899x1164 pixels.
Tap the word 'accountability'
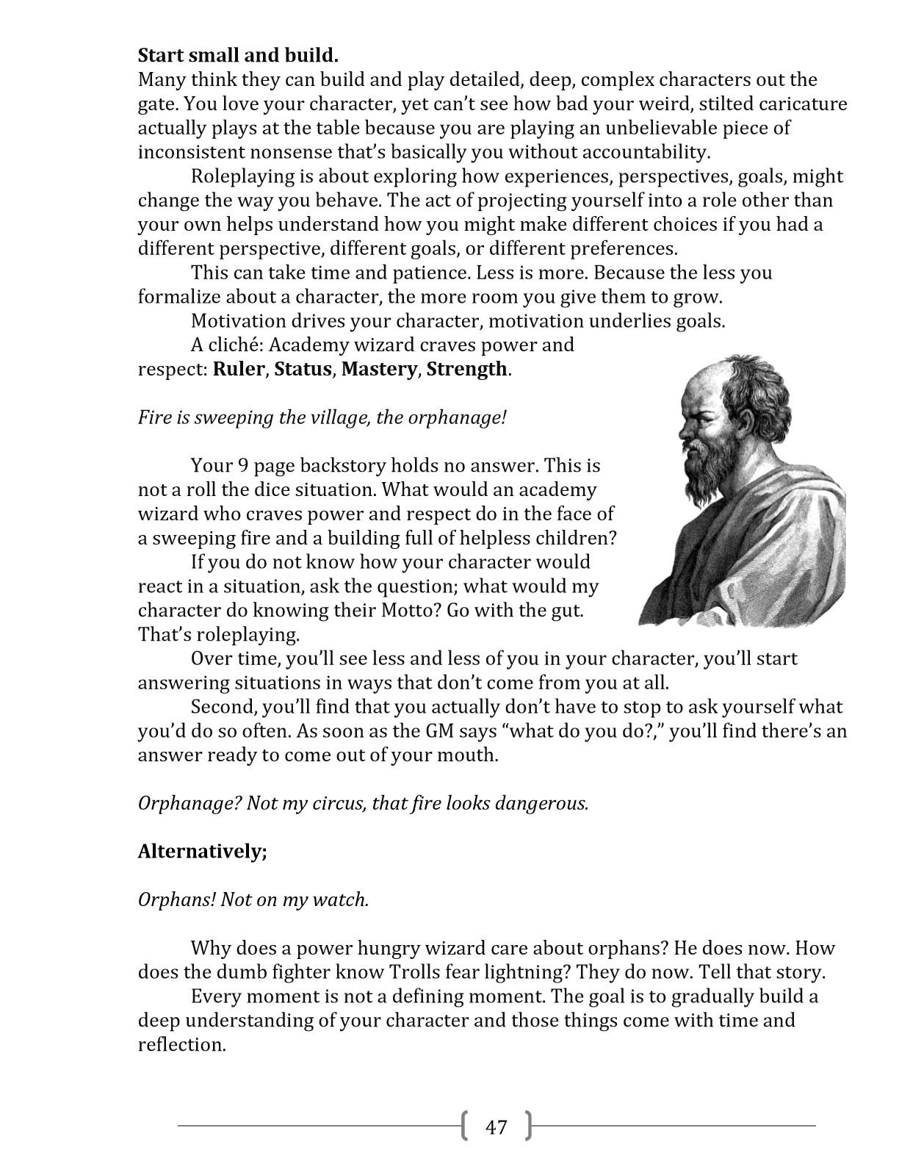(646, 152)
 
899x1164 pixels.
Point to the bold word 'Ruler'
(238, 369)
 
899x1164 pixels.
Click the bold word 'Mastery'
(378, 369)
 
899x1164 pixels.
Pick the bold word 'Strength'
(466, 369)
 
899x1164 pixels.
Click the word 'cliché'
(231, 345)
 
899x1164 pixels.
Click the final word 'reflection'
(180, 1045)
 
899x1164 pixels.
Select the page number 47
(497, 1127)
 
